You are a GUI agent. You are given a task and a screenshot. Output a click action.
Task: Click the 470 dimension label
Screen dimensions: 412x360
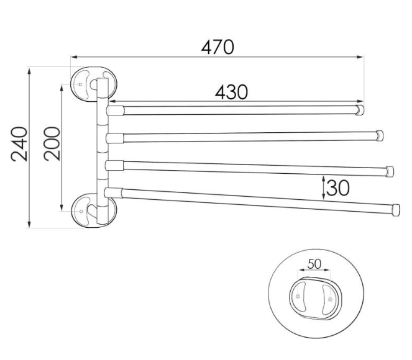click(x=217, y=47)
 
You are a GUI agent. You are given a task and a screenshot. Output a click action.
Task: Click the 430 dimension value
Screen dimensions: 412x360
click(x=231, y=92)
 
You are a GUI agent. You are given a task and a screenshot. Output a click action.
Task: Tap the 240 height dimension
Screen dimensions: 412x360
click(x=19, y=144)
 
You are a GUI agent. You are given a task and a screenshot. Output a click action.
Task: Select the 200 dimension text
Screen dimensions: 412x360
click(x=52, y=143)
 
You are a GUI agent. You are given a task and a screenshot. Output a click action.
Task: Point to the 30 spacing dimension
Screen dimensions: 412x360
click(x=338, y=188)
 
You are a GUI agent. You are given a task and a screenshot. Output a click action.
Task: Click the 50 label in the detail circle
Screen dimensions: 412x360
click(x=314, y=264)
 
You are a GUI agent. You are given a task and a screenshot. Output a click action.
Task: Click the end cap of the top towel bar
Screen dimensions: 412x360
click(x=360, y=110)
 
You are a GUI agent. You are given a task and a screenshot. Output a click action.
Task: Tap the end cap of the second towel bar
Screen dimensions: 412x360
click(x=380, y=136)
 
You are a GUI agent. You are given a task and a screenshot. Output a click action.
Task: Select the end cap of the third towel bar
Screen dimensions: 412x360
click(x=390, y=171)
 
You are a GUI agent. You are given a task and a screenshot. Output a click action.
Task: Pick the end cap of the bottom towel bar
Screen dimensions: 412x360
click(x=396, y=210)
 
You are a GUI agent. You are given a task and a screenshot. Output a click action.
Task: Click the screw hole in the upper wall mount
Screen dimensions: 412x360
click(x=80, y=84)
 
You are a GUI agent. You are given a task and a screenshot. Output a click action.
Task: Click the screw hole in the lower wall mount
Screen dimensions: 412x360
click(x=81, y=211)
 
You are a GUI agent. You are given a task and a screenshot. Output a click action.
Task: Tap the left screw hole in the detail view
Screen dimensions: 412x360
click(x=298, y=297)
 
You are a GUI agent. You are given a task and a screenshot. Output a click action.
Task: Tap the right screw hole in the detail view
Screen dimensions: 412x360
click(x=330, y=299)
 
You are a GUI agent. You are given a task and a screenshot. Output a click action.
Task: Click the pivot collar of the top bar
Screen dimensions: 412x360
click(x=115, y=110)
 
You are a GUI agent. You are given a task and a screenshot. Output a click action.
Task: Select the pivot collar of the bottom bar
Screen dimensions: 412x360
click(x=113, y=193)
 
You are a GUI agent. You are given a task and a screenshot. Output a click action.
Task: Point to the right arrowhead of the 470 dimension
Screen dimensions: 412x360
click(x=361, y=56)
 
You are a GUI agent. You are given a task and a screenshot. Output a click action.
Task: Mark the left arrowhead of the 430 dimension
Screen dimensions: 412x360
click(x=112, y=101)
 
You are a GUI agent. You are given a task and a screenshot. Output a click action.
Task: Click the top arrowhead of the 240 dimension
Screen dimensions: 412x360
click(x=29, y=70)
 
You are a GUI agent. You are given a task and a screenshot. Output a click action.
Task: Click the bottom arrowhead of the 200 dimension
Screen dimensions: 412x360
click(x=62, y=207)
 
